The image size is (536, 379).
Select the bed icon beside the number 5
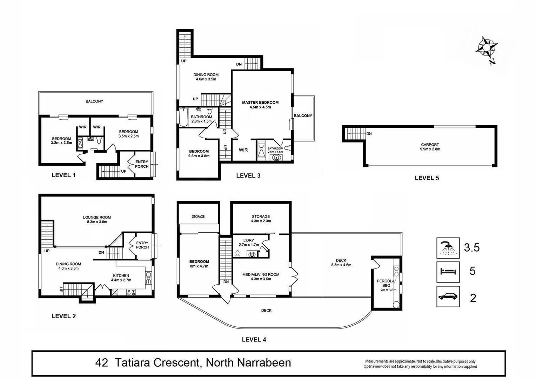click(x=448, y=272)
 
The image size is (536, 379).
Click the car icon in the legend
click(x=448, y=297)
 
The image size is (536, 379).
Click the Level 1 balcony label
click(x=94, y=101)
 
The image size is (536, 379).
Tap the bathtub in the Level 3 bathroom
click(x=182, y=117)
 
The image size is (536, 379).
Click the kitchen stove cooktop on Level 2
click(x=131, y=292)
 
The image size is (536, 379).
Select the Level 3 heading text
click(x=248, y=175)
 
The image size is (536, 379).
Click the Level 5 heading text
click(x=427, y=178)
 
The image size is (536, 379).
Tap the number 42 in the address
click(x=102, y=362)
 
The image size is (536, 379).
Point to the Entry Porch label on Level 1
click(x=142, y=164)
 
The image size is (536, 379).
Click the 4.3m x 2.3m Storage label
click(x=261, y=219)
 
